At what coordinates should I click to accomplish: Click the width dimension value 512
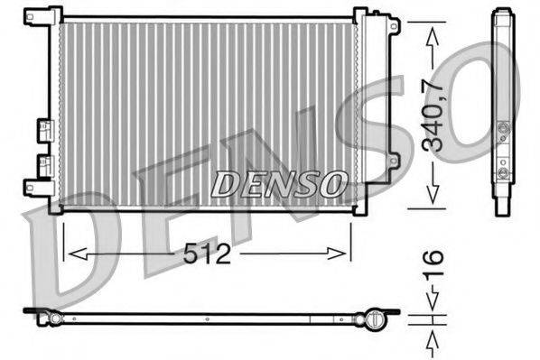[x=208, y=255]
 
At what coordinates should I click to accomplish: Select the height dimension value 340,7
[x=433, y=114]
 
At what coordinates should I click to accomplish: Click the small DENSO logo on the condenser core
[x=278, y=184]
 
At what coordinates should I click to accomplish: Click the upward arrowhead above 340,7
[x=433, y=34]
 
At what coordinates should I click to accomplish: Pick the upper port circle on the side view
[x=503, y=129]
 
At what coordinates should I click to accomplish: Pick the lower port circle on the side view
[x=503, y=171]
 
